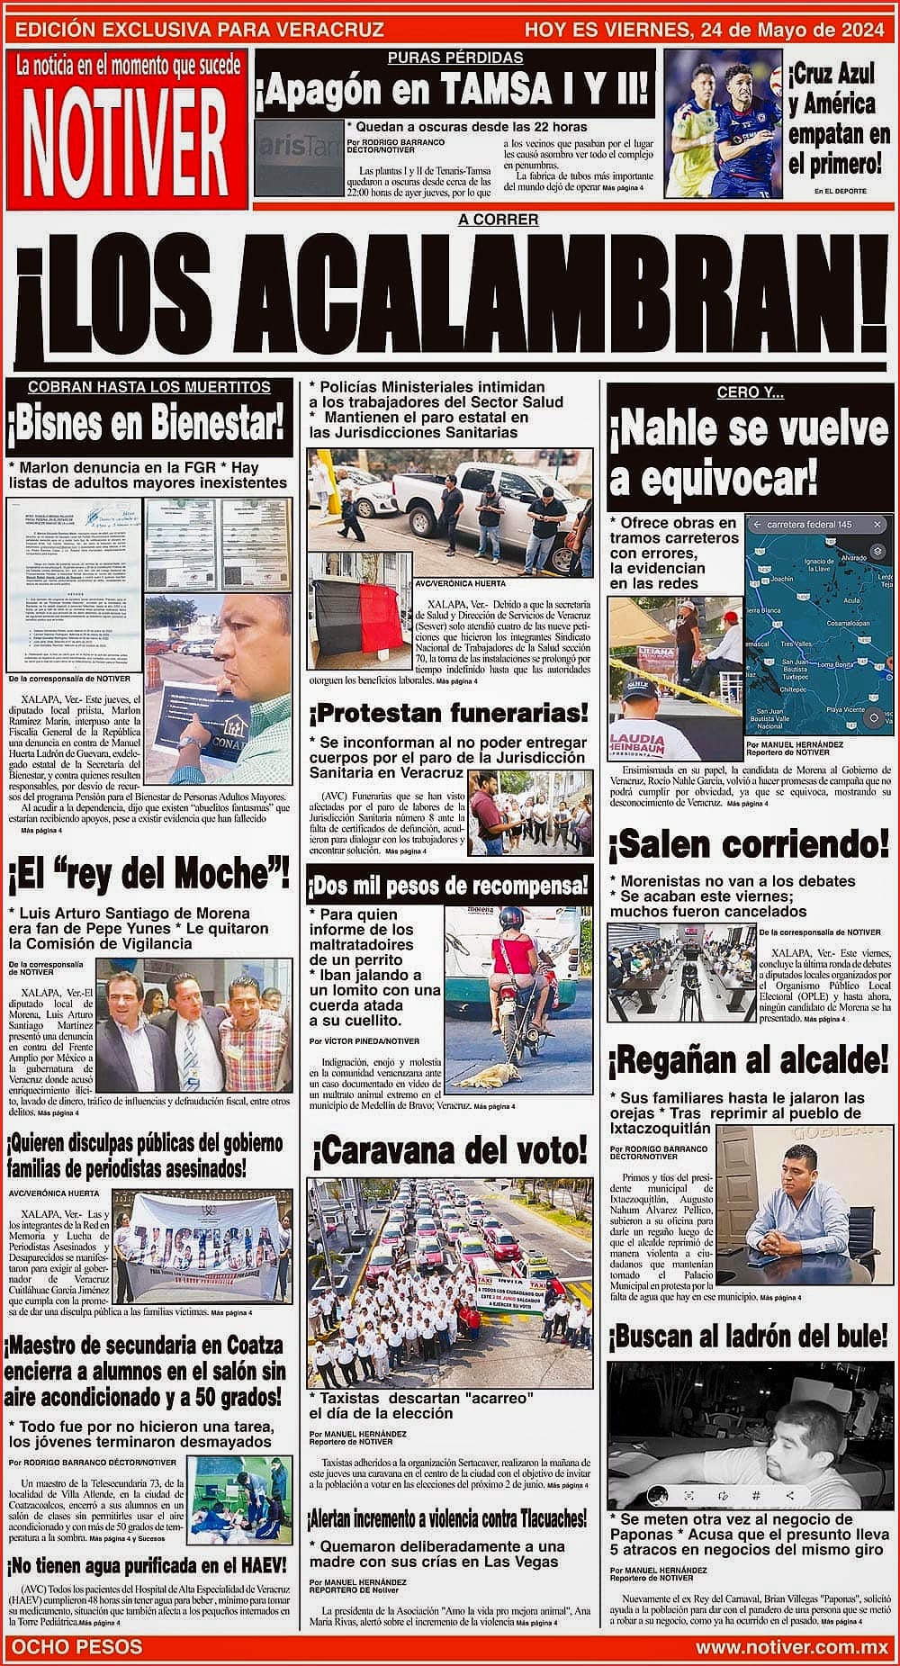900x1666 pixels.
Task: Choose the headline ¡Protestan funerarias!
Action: coord(449,714)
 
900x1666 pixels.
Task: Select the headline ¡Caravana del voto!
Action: coord(449,1149)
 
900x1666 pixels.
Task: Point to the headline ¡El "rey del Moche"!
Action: coord(148,872)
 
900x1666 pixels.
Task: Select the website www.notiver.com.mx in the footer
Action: coord(792,1647)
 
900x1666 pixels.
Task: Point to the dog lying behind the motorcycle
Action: coord(492,1076)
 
